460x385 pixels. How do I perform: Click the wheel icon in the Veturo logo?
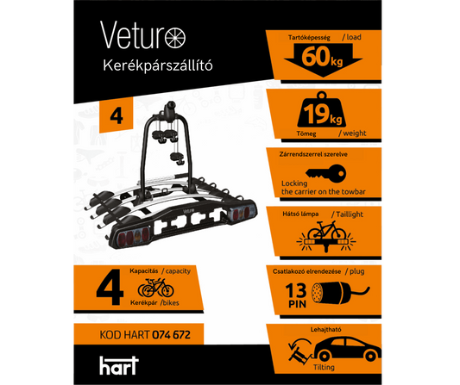point(175,38)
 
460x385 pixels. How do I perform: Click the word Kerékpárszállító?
point(158,65)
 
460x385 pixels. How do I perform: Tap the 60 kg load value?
point(322,57)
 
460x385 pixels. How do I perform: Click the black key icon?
point(325,173)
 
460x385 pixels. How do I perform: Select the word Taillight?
point(350,214)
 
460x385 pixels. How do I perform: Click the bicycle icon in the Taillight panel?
point(326,230)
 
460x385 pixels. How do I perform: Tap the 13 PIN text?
point(296,295)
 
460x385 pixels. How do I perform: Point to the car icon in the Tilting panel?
point(347,349)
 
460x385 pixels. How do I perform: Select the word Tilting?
point(324,367)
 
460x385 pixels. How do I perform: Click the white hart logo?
point(119,365)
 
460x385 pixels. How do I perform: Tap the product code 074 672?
point(172,334)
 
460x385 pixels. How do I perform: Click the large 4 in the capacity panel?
point(110,287)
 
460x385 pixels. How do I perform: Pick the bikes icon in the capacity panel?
point(155,288)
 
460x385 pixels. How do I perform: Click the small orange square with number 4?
point(117,115)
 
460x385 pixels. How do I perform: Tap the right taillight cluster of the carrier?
point(242,212)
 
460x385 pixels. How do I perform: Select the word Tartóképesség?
point(309,38)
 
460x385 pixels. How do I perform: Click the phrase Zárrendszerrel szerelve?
point(313,154)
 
